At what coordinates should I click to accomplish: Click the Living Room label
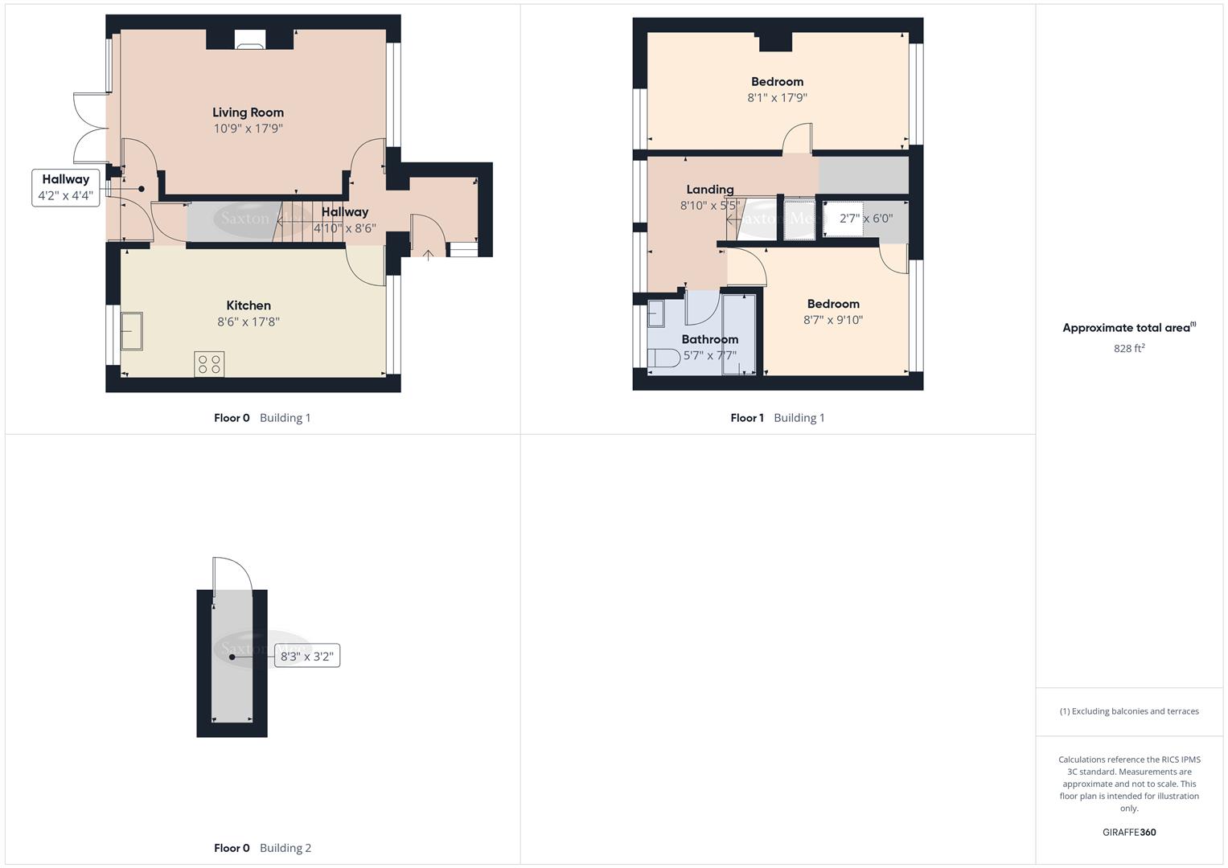click(248, 113)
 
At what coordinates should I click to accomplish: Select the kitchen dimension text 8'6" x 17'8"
click(248, 321)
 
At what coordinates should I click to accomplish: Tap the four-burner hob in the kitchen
click(209, 364)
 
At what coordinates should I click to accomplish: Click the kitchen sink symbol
click(132, 331)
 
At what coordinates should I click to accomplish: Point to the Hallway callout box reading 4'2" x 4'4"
click(66, 187)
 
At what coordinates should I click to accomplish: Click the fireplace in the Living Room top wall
click(249, 40)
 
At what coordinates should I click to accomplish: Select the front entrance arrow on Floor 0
click(428, 255)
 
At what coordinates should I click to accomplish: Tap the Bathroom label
click(709, 339)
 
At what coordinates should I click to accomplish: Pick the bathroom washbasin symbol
click(656, 313)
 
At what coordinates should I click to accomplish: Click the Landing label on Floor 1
click(709, 190)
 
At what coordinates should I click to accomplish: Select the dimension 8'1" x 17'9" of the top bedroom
click(777, 97)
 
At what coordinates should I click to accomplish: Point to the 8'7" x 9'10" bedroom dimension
click(833, 320)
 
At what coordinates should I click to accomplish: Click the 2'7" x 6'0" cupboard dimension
click(865, 219)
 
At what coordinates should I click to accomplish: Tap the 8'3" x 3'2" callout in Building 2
click(306, 657)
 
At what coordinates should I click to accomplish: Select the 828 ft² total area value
click(1129, 348)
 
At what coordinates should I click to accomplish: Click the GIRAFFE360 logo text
click(1129, 832)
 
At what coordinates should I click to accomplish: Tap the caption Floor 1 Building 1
click(777, 418)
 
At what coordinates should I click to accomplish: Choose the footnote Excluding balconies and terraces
click(1129, 711)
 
